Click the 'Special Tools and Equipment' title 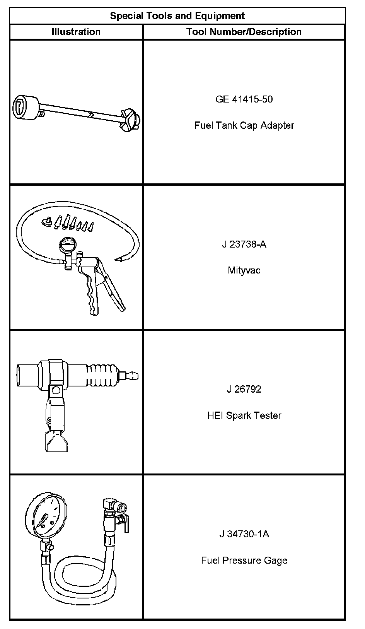tap(177, 16)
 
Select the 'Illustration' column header tap(76, 32)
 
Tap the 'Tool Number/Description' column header tap(244, 32)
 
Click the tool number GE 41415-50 tap(244, 99)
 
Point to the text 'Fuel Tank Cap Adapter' tap(244, 125)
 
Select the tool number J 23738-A tap(244, 244)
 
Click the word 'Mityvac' tap(244, 270)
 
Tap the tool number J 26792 tap(244, 389)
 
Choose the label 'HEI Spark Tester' tap(244, 415)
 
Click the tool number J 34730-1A tap(244, 534)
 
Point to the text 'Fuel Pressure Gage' tap(244, 560)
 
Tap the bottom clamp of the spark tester tap(56, 441)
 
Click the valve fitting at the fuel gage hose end tap(115, 514)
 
